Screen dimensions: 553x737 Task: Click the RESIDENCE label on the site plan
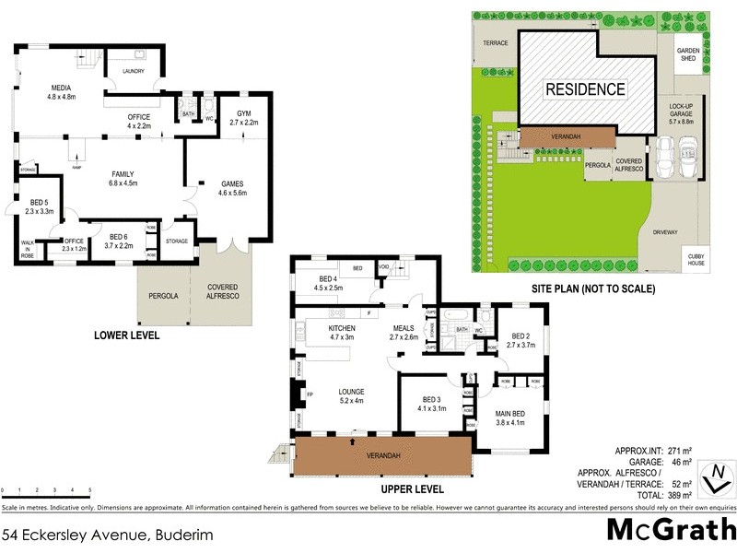click(585, 89)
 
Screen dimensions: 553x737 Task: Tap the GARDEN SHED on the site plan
click(687, 55)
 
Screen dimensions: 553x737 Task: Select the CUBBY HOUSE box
click(695, 259)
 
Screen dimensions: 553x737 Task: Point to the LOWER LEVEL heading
click(127, 335)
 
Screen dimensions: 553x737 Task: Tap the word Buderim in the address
click(180, 533)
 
